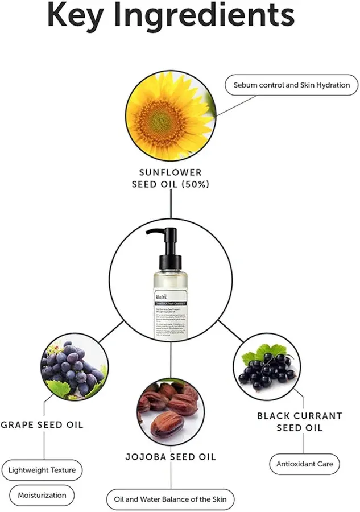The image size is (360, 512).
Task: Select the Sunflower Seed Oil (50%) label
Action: (171, 178)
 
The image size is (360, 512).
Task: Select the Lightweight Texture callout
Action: (42, 470)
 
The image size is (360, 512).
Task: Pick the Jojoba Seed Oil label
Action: (171, 457)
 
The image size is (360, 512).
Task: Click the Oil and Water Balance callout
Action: (170, 499)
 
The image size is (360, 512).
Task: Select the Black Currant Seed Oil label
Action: (300, 422)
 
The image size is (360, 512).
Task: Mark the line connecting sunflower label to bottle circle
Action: (171, 205)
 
